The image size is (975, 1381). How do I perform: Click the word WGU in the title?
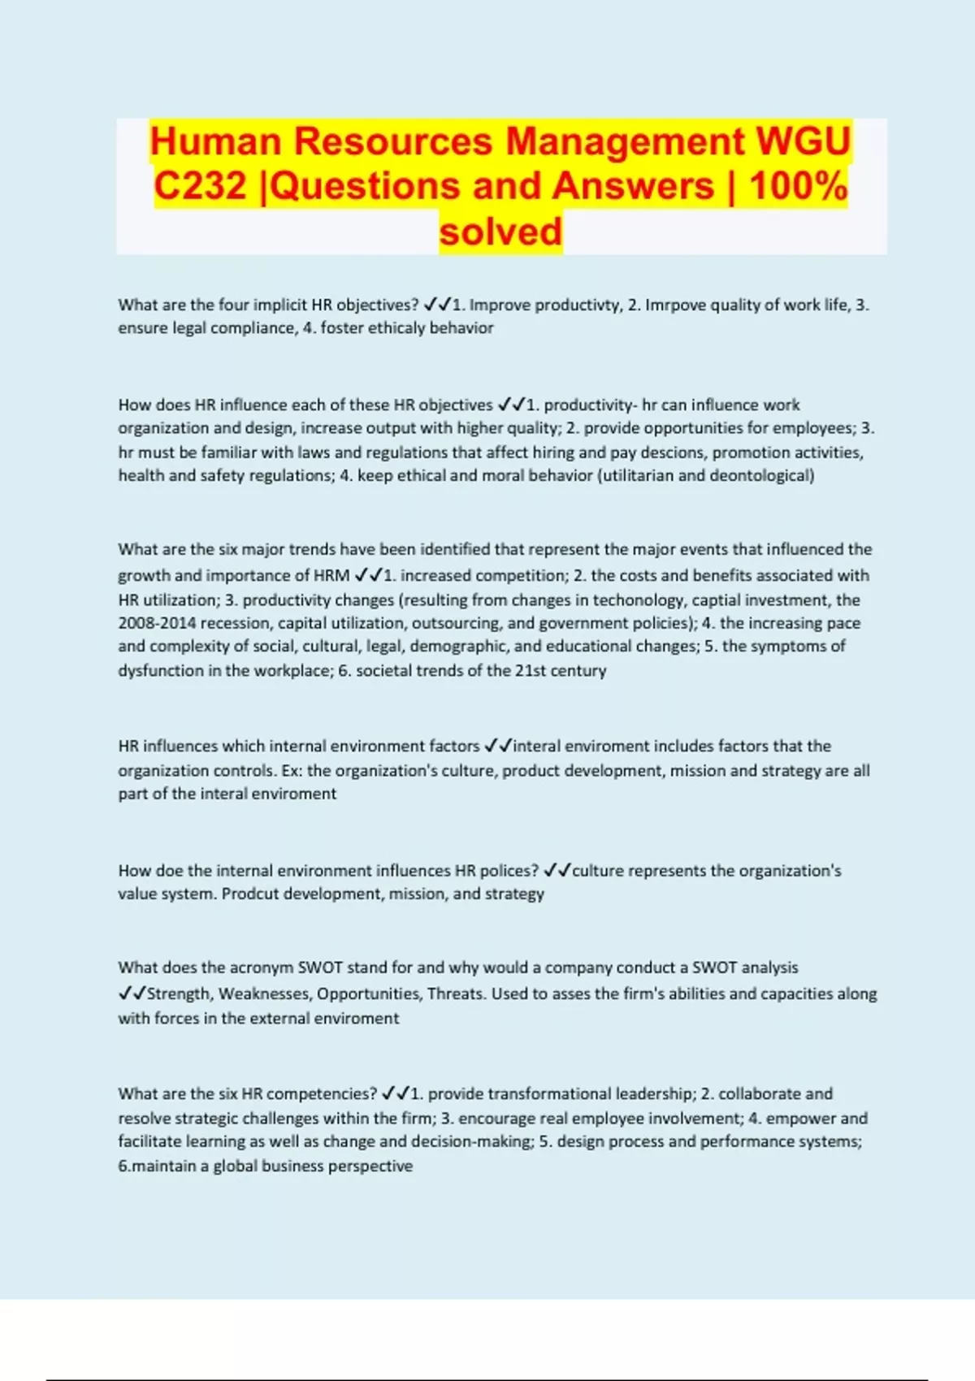[803, 141]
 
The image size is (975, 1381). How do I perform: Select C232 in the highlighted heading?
[200, 186]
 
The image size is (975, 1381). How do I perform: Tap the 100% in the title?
[799, 186]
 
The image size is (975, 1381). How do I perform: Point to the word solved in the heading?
[500, 232]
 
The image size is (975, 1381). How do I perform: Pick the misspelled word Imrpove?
[675, 305]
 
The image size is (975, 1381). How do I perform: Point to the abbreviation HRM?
[331, 576]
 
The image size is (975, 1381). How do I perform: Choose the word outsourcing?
[457, 624]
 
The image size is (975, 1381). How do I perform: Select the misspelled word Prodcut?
[249, 894]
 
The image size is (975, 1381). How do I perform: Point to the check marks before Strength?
[132, 994]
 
